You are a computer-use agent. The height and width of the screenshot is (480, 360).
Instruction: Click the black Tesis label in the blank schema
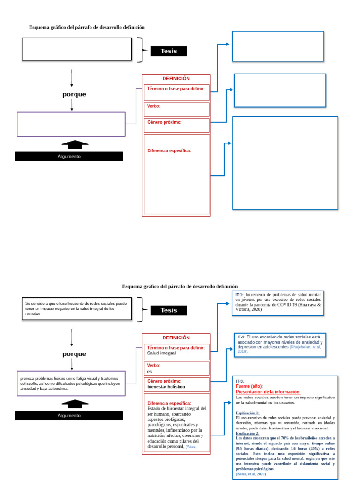[168, 51]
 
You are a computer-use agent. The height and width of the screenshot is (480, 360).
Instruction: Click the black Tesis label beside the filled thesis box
[168, 310]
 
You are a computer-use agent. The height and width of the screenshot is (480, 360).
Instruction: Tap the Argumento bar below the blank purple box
[69, 157]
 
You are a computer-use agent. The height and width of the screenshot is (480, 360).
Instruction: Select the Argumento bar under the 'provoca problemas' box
[69, 416]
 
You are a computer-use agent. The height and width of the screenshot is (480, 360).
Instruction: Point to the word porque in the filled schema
[74, 354]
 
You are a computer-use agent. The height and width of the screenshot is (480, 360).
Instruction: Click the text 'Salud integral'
[162, 353]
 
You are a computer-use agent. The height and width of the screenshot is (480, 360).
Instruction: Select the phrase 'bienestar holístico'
[166, 387]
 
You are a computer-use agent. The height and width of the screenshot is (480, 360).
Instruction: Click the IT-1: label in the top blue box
[240, 294]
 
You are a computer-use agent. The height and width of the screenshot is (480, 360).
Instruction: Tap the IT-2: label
[241, 337]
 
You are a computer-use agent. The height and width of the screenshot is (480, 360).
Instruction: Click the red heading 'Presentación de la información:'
[268, 392]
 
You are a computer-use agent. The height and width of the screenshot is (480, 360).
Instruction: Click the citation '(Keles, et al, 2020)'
[251, 474]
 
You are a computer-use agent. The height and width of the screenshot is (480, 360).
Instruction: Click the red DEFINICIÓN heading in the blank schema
[176, 78]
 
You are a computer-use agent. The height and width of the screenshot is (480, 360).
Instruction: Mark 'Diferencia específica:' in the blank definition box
[169, 150]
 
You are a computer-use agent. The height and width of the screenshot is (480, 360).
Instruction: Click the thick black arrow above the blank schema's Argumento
[75, 144]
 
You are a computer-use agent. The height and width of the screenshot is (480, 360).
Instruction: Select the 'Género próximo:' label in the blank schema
[164, 122]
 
